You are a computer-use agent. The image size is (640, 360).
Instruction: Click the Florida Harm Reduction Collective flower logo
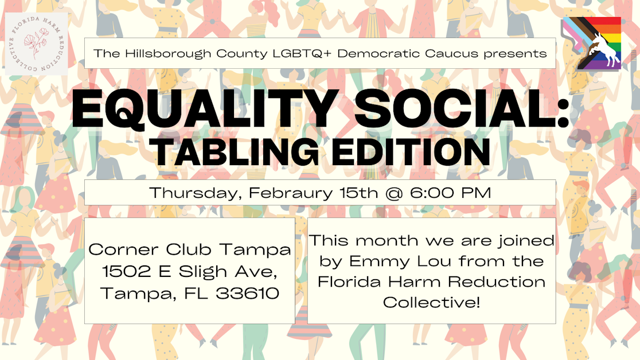pyautogui.click(x=36, y=44)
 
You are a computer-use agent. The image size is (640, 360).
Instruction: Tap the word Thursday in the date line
pyautogui.click(x=195, y=193)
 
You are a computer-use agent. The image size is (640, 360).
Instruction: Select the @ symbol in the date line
pyautogui.click(x=393, y=193)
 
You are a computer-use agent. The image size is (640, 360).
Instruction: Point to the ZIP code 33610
pyautogui.click(x=248, y=294)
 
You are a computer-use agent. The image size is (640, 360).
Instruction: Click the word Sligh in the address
pyautogui.click(x=198, y=272)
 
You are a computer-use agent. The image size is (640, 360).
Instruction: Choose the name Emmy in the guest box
pyautogui.click(x=366, y=261)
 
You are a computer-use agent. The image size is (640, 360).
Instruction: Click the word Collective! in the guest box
pyautogui.click(x=431, y=302)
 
